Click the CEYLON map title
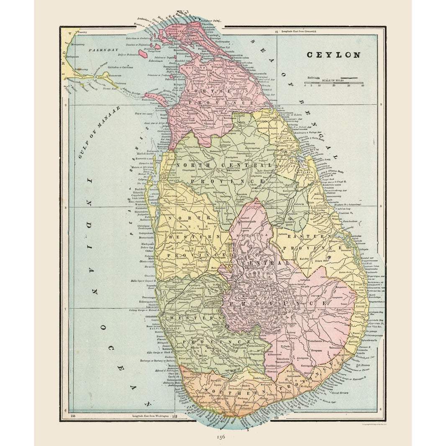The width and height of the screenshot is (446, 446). click(333, 54)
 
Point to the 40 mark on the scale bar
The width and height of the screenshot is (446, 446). click(362, 86)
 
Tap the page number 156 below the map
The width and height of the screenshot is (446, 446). click(220, 436)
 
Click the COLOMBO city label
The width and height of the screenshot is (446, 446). click(151, 317)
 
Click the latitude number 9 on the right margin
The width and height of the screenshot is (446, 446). click(380, 105)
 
